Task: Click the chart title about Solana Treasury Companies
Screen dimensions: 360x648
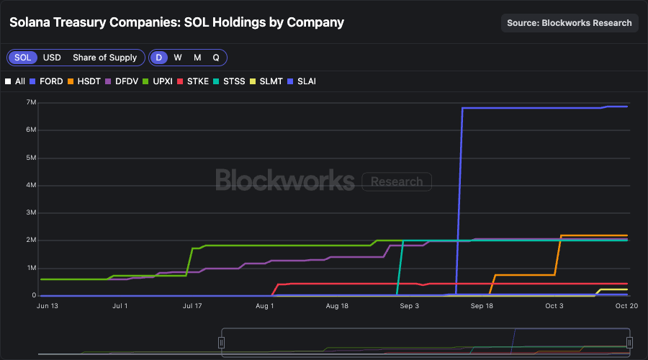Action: tap(176, 22)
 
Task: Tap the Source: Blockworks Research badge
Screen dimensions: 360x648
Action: tap(570, 22)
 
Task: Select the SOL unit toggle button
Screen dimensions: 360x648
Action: tap(23, 58)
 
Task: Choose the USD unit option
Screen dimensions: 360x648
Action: tap(52, 58)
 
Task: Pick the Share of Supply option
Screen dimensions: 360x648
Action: tap(104, 58)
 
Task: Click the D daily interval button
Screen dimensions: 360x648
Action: tap(159, 58)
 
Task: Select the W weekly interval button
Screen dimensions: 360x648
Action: tap(178, 58)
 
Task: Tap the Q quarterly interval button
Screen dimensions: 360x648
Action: tap(215, 58)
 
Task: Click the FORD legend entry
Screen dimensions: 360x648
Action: tap(46, 81)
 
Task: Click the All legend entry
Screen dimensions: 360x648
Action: tap(15, 81)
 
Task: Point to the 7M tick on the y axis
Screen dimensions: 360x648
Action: tap(31, 103)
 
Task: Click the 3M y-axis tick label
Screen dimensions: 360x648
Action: tap(31, 213)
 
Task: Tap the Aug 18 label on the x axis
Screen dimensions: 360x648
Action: tap(337, 306)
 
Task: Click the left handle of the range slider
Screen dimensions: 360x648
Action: tap(222, 343)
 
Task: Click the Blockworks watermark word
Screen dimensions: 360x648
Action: tap(284, 180)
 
